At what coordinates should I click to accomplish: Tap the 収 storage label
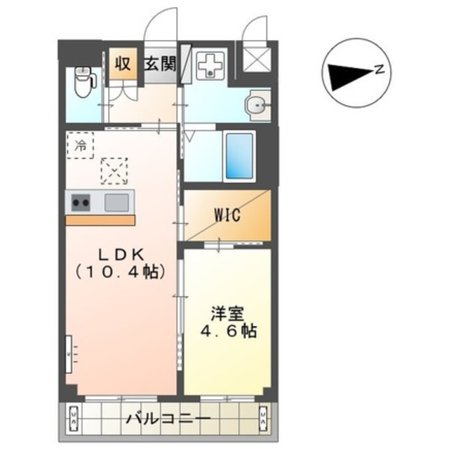tap(123, 62)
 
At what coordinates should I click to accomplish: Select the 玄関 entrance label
tap(161, 63)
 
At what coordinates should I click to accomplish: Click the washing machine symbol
tap(209, 66)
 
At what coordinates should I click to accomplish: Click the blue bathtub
tap(239, 155)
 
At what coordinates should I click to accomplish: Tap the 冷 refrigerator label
tap(81, 146)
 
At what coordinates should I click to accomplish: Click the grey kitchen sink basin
tap(116, 203)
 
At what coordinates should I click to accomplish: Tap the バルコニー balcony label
tap(168, 420)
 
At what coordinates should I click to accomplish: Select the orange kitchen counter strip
tap(100, 220)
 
